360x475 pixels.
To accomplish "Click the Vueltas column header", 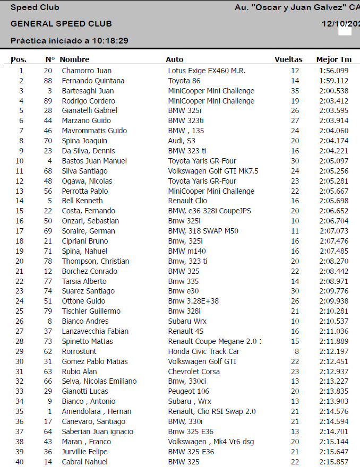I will (x=288, y=60).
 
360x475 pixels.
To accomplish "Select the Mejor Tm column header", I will (x=333, y=60).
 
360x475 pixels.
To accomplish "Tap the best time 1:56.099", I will (x=333, y=71).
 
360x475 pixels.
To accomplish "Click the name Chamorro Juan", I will (x=87, y=71).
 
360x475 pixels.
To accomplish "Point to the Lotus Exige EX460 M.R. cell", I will (x=207, y=71).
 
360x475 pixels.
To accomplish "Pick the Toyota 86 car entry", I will (x=184, y=81).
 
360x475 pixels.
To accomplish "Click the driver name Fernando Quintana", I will (x=93, y=81).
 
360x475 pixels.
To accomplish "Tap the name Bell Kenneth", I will (x=82, y=201).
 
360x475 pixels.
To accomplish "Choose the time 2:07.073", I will (x=333, y=231).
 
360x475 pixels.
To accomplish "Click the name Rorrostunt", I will (x=80, y=351).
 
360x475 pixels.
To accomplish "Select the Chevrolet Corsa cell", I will (x=191, y=372).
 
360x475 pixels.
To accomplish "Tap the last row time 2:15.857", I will (x=333, y=462).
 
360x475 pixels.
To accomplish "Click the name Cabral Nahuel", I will (x=84, y=462).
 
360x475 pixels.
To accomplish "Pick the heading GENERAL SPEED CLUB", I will (x=61, y=24).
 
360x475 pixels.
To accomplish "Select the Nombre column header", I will (x=74, y=60).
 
